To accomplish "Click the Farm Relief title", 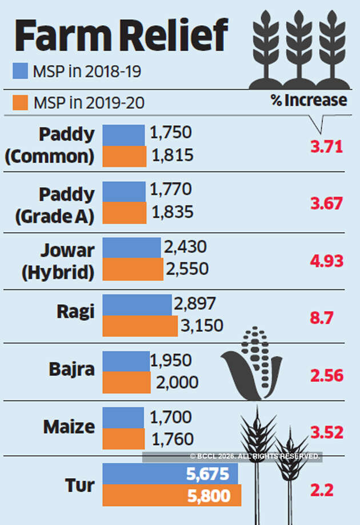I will [x=121, y=35].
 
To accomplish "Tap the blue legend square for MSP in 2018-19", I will [x=21, y=71].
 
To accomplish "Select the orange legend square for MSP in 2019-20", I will [x=21, y=103].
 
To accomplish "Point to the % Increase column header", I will [x=309, y=101].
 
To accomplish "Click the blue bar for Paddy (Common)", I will [x=123, y=135].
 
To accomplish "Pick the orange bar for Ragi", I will [x=140, y=325].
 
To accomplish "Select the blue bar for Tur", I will [x=170, y=474].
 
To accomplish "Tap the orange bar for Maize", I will [x=123, y=439].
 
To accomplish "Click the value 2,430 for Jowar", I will [x=185, y=247].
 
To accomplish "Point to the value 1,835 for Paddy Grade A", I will [x=173, y=212].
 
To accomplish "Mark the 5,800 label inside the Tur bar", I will [x=209, y=495].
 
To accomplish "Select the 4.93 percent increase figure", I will [x=326, y=261].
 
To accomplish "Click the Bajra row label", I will [x=71, y=369].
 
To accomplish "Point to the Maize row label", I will [x=69, y=427].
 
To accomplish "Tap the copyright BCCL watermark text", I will [x=255, y=456].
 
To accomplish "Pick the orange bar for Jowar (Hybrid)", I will [x=133, y=268].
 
